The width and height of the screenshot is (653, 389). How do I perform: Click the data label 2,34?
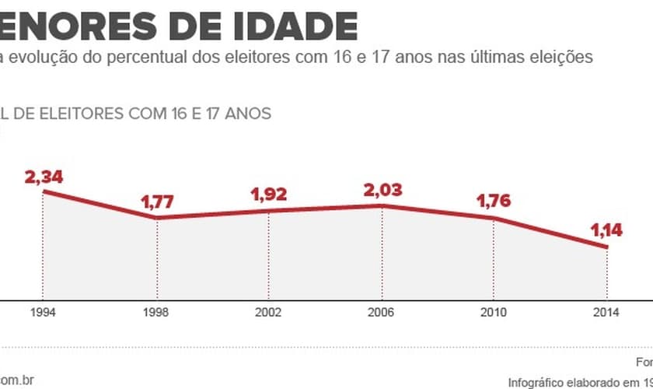coord(44,177)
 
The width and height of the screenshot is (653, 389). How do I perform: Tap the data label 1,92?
coord(269,195)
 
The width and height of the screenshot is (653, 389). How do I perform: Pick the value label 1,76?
coord(494,203)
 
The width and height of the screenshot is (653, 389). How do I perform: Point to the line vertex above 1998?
coord(156,218)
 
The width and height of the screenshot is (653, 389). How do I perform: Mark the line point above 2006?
coord(382,205)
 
